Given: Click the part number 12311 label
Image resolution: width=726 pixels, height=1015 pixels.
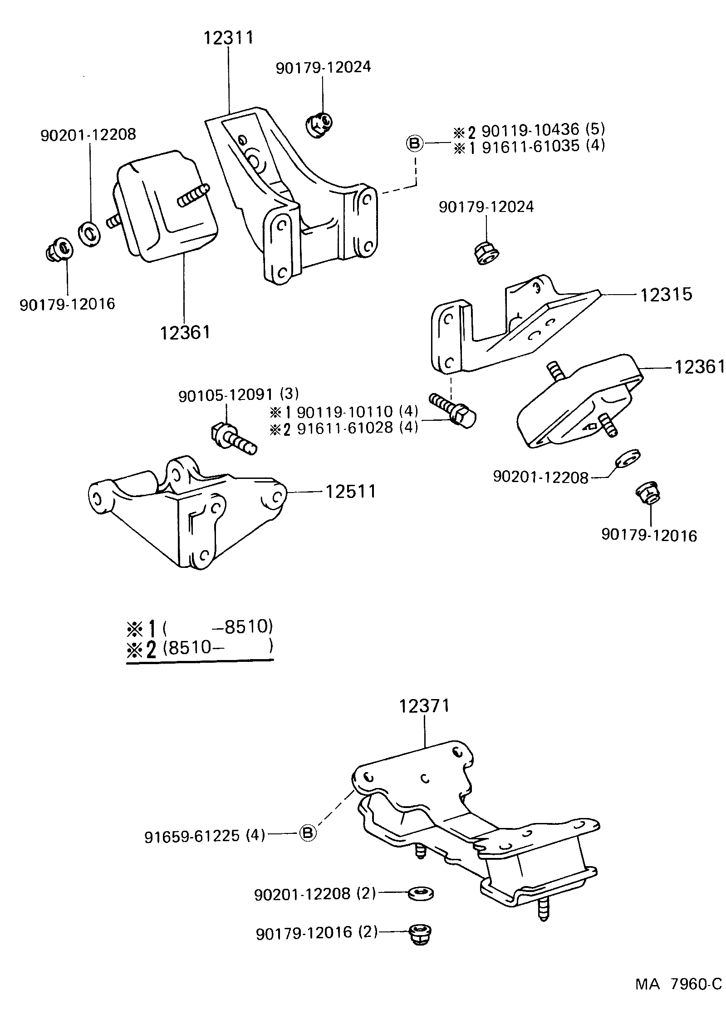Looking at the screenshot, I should click(x=228, y=38).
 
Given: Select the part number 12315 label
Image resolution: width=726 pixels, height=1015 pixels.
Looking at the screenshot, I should click(x=666, y=295).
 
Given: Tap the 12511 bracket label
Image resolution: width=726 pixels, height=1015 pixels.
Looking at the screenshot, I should click(x=350, y=491).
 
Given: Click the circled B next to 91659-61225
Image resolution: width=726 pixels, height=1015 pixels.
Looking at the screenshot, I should click(x=308, y=833).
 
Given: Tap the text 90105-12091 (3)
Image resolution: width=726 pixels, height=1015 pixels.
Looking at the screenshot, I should click(x=239, y=395).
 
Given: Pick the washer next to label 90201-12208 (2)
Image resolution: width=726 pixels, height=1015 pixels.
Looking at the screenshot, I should click(x=421, y=893).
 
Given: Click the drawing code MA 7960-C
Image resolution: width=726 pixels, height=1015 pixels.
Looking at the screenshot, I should click(x=678, y=997).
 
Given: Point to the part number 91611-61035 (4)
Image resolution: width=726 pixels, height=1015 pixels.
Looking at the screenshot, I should click(x=543, y=146).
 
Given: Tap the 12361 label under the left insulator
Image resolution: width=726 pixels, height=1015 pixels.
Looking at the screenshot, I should click(x=185, y=332).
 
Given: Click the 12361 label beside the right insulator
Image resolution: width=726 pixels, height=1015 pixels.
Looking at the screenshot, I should click(x=699, y=367).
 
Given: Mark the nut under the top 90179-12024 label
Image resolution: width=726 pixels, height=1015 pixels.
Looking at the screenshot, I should click(x=319, y=124).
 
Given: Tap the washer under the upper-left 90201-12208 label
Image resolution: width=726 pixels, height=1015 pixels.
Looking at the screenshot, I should click(x=90, y=234).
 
